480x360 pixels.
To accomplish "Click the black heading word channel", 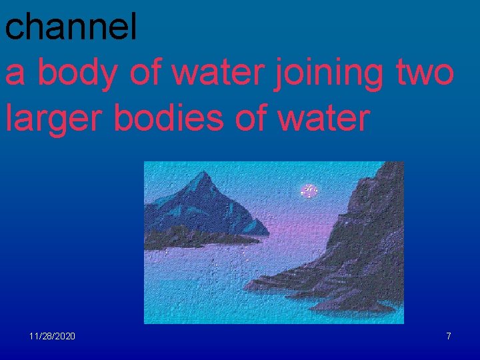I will point(71,27).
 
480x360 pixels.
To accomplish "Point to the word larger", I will point(55,119).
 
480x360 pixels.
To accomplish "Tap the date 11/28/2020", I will point(52,336).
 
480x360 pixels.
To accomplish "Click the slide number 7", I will point(449,336).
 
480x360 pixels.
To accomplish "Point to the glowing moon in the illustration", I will point(309,191).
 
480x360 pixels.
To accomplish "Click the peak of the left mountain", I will point(205,174).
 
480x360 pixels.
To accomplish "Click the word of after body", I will point(147,73).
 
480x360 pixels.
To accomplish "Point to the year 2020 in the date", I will point(65,336).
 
